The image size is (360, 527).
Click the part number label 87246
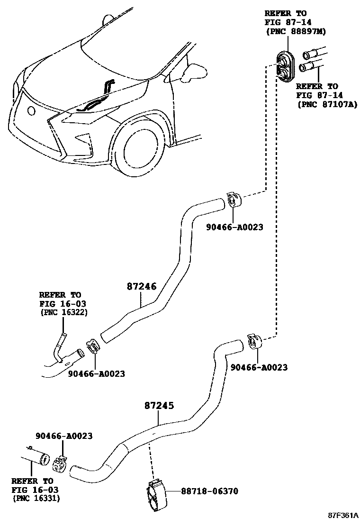pyautogui.click(x=141, y=286)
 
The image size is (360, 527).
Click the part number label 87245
pyautogui.click(x=159, y=406)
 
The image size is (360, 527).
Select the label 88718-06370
pyautogui.click(x=209, y=491)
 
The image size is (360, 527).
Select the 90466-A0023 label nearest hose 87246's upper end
pyautogui.click(x=234, y=227)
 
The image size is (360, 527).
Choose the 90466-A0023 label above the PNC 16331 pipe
pyautogui.click(x=63, y=436)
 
